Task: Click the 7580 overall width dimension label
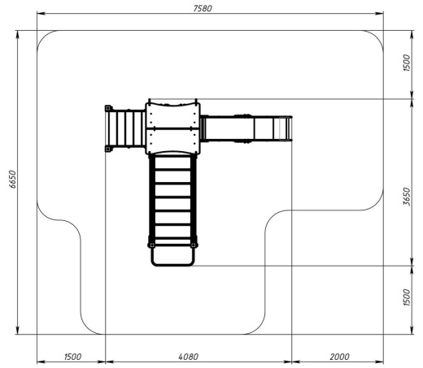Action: [x=203, y=9]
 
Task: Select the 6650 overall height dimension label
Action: [x=13, y=180]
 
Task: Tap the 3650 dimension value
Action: [x=407, y=197]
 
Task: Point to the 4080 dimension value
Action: [x=189, y=357]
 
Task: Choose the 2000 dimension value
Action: [x=339, y=357]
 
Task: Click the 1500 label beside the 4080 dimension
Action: [x=72, y=357]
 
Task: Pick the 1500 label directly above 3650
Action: [x=407, y=63]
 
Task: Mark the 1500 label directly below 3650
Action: [x=407, y=297]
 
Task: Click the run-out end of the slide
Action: [x=286, y=128]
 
